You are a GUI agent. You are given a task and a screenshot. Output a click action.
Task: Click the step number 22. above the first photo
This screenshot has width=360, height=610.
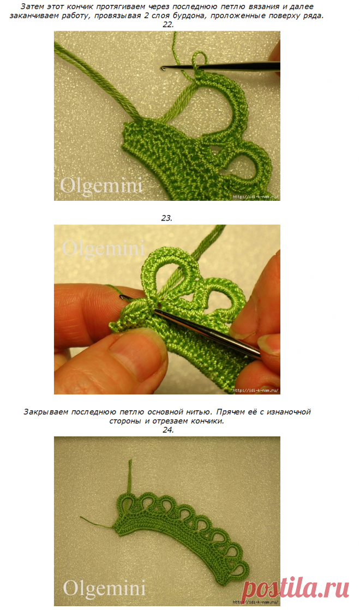(x=167, y=25)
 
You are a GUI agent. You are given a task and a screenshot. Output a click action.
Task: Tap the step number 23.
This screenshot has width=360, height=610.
(x=167, y=218)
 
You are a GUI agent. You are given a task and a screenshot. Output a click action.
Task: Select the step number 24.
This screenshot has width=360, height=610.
(x=168, y=430)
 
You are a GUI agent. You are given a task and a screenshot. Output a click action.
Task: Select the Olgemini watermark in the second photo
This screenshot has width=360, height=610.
(x=104, y=248)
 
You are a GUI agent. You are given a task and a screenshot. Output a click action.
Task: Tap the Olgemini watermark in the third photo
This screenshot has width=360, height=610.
(x=104, y=588)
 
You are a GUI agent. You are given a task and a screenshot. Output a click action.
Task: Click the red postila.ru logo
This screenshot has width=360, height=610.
(x=295, y=589)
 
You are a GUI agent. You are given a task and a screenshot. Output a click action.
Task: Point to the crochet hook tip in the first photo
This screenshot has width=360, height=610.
(x=162, y=68)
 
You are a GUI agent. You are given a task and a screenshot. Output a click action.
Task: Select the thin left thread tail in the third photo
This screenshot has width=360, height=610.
(x=97, y=523)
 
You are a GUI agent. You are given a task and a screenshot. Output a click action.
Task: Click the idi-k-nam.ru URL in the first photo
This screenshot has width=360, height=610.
(x=255, y=197)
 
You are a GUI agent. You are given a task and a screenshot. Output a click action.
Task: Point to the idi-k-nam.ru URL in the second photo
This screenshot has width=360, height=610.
(x=255, y=390)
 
